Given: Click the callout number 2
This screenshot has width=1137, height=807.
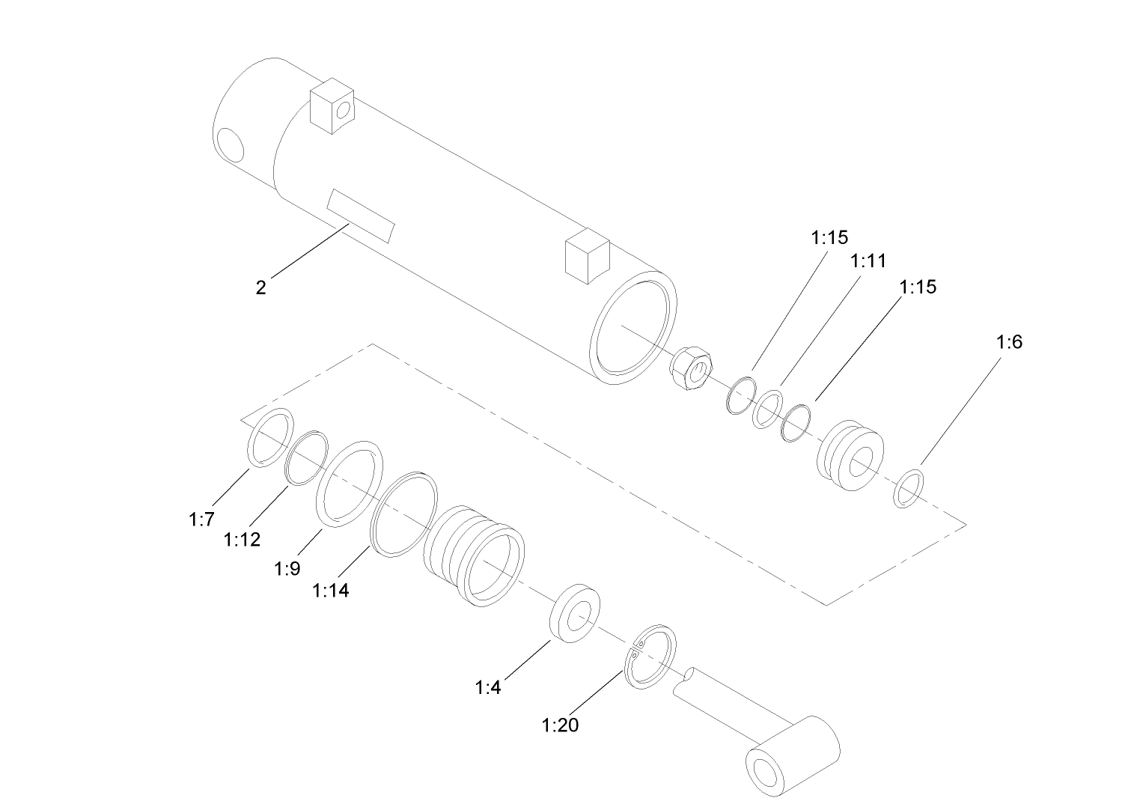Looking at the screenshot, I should point(260,287).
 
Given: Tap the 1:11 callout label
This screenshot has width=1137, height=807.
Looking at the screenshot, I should point(868,261).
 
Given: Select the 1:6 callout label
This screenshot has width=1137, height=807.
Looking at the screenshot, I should point(1009,342).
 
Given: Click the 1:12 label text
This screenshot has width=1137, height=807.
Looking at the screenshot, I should point(242,540).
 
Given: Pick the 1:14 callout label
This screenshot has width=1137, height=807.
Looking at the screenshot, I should point(330,591).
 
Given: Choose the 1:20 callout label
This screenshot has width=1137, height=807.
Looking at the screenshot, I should point(560,725).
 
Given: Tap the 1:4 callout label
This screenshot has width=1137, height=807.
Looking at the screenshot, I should point(487,687).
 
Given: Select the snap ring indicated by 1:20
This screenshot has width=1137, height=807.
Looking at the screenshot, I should point(650,657).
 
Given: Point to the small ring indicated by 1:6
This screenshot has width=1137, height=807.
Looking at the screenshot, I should point(909,488).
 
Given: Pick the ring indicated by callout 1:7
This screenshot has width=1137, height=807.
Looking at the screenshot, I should point(269,438).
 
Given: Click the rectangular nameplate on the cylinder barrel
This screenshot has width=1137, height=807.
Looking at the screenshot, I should point(360,215).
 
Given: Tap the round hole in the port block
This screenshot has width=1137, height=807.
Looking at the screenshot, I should point(344,111).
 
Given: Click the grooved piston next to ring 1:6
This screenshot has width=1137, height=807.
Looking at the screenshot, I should point(851,457).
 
